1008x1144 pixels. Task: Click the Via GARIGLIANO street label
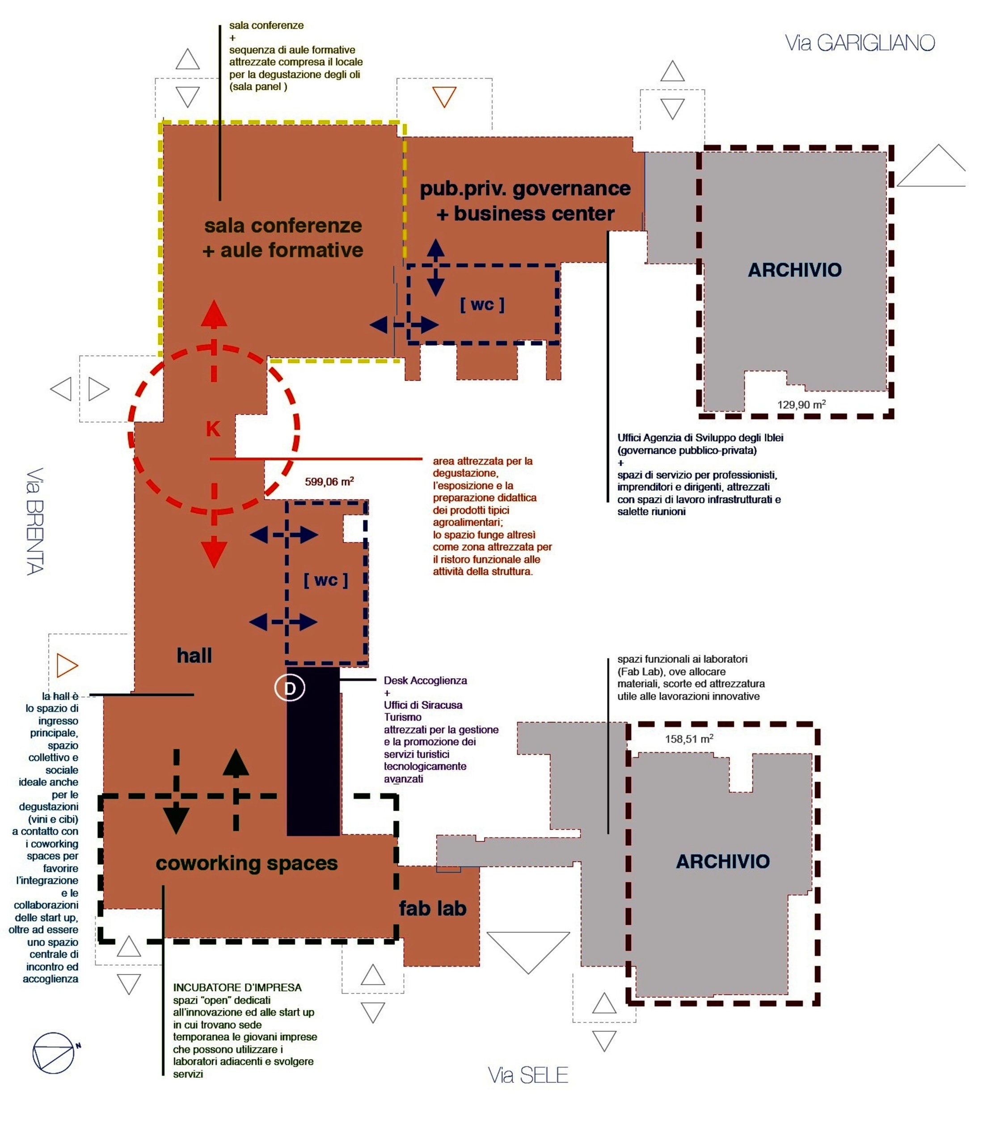859,43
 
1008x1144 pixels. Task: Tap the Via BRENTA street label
35,521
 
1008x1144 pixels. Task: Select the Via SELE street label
527,1075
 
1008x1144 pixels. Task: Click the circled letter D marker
290,688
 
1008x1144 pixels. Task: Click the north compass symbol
54,1053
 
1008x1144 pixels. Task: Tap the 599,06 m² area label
329,481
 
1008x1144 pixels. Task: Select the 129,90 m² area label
801,404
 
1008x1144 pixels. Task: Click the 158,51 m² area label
689,739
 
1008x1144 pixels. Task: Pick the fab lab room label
432,908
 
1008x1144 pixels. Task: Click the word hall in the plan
194,656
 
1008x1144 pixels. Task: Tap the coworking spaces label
246,863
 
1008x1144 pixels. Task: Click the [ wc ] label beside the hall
325,580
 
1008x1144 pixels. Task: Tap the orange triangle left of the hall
66,665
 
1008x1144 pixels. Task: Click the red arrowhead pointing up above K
214,314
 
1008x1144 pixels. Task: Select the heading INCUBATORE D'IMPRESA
237,987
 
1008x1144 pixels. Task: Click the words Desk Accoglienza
425,681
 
